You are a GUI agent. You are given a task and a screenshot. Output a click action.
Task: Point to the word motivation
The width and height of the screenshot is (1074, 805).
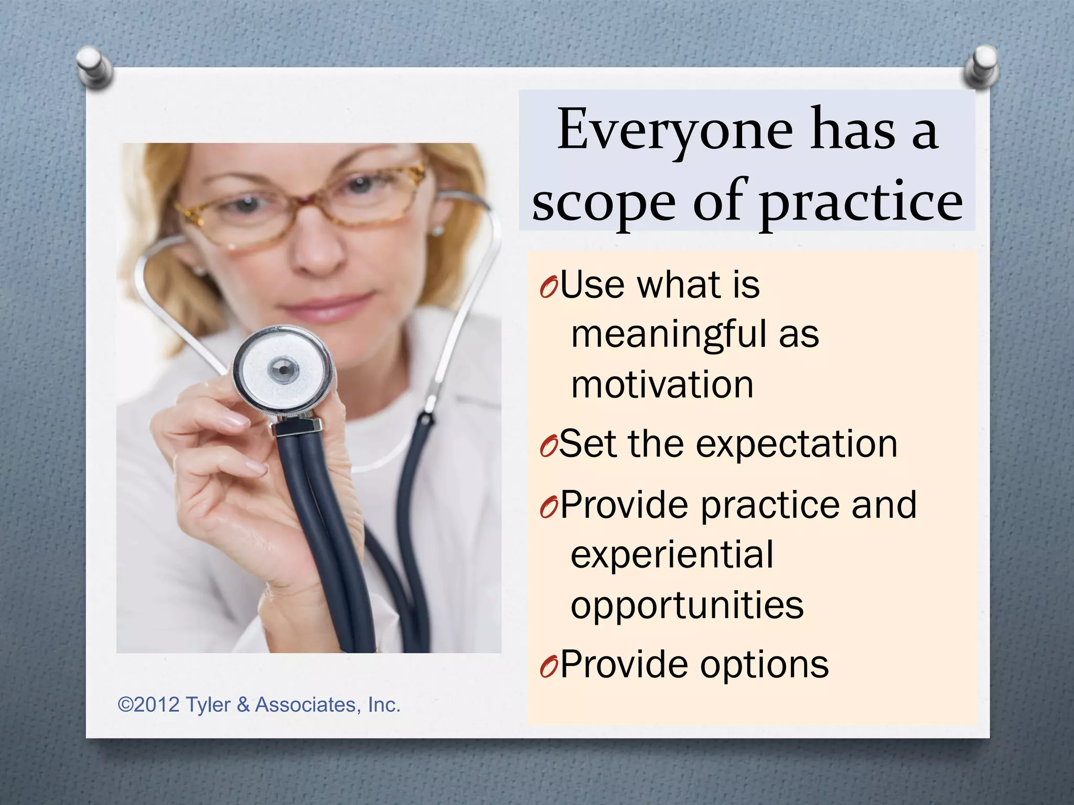pyautogui.click(x=662, y=385)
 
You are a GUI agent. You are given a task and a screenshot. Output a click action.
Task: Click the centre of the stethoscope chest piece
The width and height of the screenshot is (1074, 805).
pyautogui.click(x=283, y=370)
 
